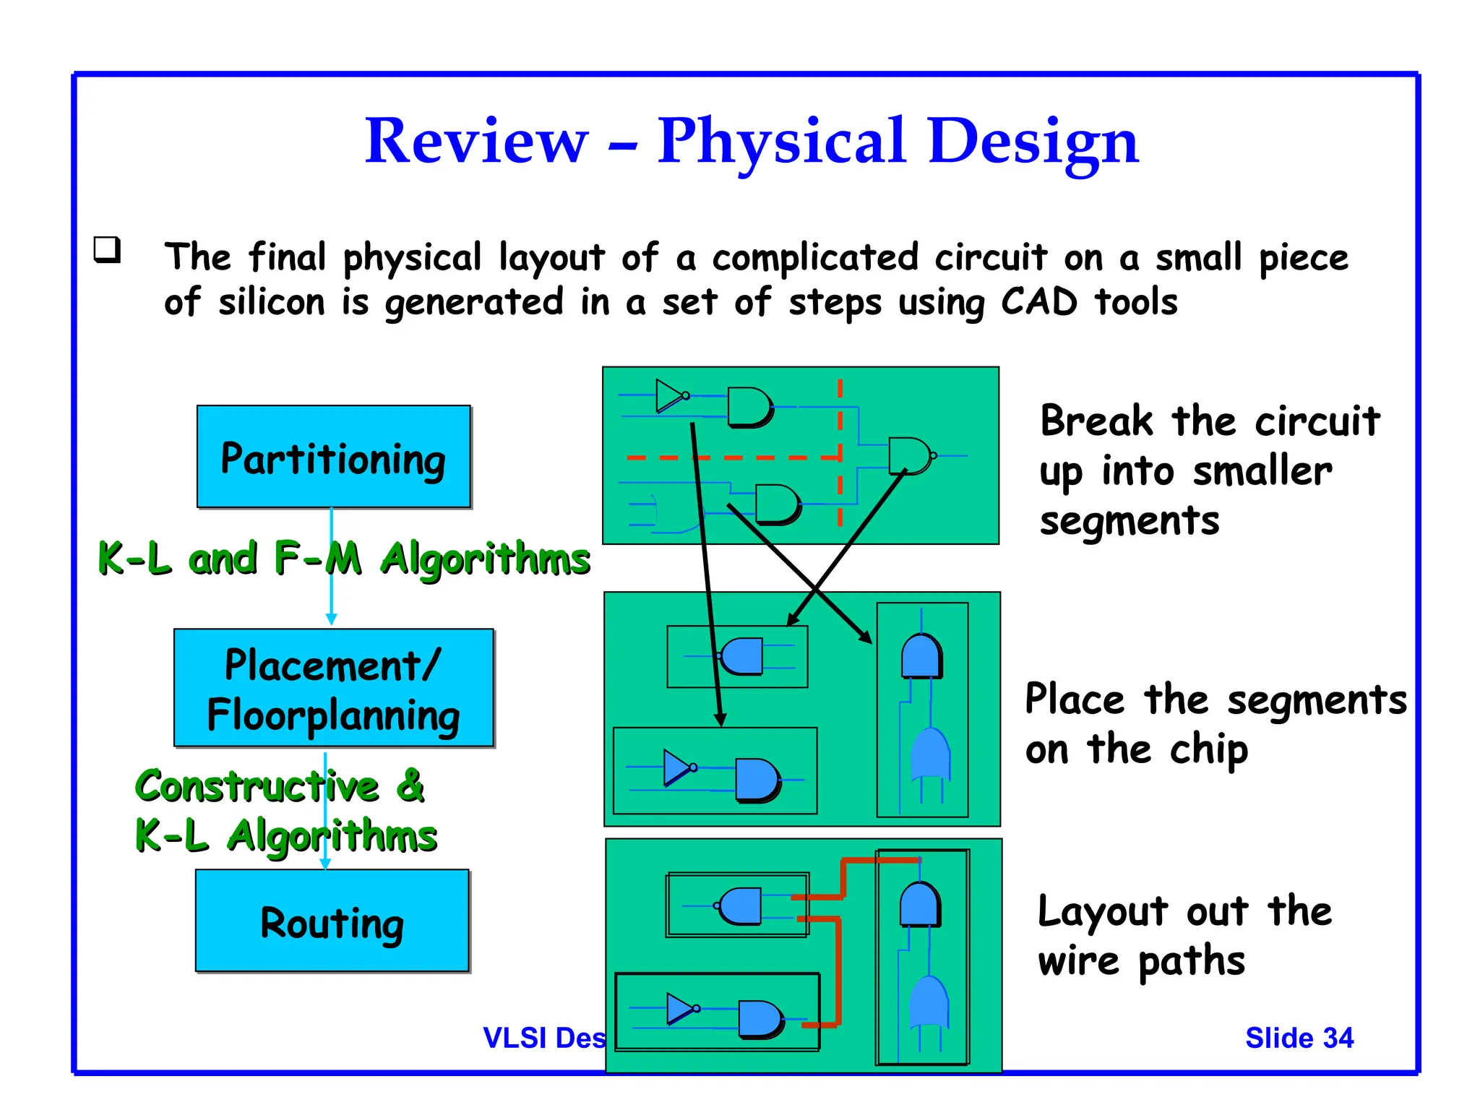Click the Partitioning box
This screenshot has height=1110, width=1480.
click(x=333, y=457)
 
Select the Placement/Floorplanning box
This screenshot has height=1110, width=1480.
click(x=333, y=687)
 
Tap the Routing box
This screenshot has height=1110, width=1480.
click(x=332, y=921)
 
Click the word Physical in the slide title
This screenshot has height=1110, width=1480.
click(x=781, y=141)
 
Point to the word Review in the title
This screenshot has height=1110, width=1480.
click(x=476, y=141)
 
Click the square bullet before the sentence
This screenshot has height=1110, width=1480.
click(x=107, y=249)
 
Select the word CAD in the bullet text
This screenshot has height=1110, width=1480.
click(x=1038, y=301)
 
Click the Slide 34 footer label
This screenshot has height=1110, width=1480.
click(x=1299, y=1038)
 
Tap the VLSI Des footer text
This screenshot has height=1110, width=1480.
click(x=544, y=1038)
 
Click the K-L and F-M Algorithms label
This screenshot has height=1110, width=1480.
click(x=344, y=559)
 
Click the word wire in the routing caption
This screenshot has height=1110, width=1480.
click(x=1079, y=961)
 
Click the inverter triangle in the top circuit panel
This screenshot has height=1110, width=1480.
click(x=668, y=396)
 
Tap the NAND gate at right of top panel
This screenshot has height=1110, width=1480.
click(x=909, y=456)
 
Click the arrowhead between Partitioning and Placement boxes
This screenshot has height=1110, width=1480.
click(x=331, y=619)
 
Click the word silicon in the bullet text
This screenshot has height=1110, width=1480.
click(x=272, y=301)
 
